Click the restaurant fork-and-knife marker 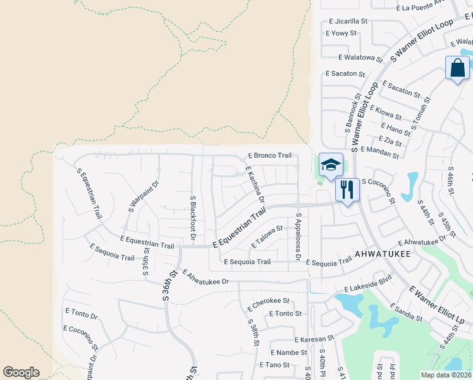(x=347, y=189)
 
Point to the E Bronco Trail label (x=269, y=155)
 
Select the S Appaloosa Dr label (x=298, y=236)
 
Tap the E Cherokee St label (x=268, y=301)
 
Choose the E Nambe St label (x=288, y=352)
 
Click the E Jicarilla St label (x=347, y=21)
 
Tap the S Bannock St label (x=352, y=113)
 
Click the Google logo (x=21, y=372)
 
